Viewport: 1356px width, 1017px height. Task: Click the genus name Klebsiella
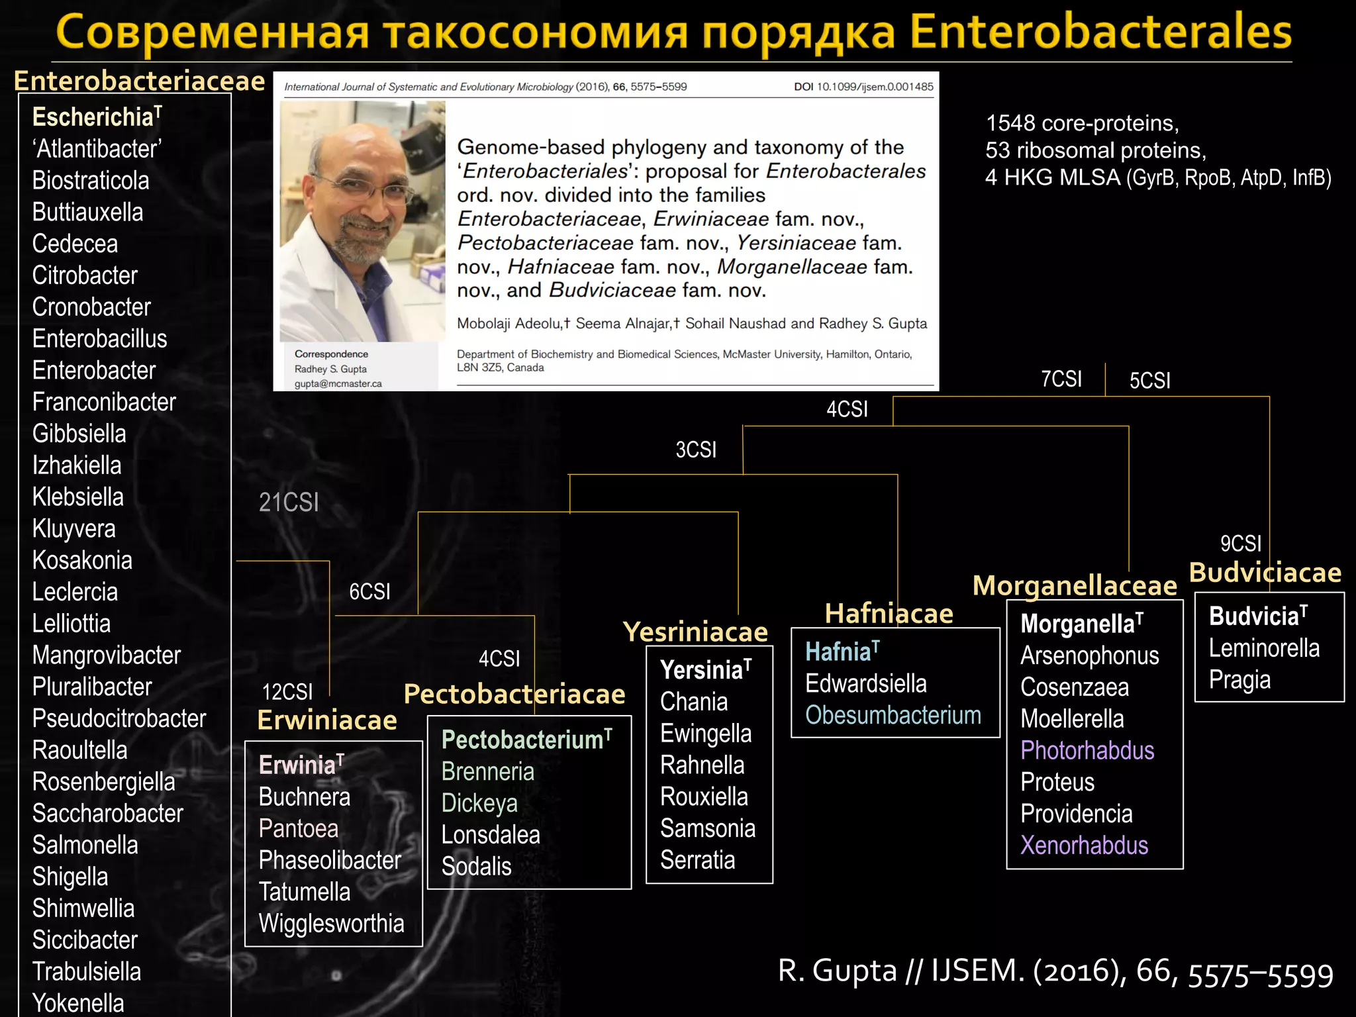click(78, 497)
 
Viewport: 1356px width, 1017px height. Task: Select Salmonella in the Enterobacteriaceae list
click(85, 846)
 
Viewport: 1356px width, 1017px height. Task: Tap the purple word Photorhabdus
click(1087, 751)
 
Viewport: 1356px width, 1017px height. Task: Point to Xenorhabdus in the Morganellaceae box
click(1084, 846)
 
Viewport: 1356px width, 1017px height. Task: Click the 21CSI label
click(289, 503)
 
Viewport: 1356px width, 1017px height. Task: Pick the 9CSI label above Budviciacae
click(1241, 544)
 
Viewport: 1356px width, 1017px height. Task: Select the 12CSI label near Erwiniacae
click(287, 692)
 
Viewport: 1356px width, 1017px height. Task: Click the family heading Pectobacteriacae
click(514, 694)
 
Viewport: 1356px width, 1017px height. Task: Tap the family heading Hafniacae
click(889, 614)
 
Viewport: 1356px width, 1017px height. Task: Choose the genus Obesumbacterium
click(893, 716)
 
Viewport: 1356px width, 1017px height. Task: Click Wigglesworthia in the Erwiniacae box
click(331, 924)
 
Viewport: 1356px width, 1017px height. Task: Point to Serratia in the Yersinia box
click(698, 860)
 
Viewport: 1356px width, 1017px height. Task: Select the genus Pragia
click(1239, 680)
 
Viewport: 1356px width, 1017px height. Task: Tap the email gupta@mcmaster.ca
click(338, 384)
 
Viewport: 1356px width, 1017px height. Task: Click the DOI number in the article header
click(875, 87)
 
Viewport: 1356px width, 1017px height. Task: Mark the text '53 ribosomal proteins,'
click(1096, 150)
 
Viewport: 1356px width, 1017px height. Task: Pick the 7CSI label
click(1061, 379)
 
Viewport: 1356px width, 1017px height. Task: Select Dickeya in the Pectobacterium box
click(479, 803)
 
